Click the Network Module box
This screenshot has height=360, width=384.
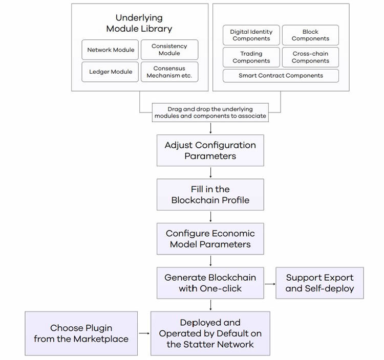111,50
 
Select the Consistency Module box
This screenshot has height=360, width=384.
169,50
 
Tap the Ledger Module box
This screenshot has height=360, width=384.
111,72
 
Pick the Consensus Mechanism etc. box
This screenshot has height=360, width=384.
169,72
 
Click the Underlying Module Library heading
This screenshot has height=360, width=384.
139,24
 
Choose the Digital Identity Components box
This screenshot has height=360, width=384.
251,35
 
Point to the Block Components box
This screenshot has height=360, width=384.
310,35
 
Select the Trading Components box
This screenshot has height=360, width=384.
251,57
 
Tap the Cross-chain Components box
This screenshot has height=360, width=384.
310,57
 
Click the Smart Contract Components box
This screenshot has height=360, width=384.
281,76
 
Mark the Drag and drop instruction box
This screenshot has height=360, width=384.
210,112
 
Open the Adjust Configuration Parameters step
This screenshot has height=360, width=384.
210,150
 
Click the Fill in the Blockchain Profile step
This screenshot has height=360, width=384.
210,195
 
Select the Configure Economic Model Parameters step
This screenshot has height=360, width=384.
210,239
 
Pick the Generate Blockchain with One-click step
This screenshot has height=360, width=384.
210,283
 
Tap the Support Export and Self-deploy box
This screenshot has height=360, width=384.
319,283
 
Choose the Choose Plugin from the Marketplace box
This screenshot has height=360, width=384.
81,333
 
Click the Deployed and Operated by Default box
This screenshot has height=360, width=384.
210,333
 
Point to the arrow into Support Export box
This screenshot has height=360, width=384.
269,283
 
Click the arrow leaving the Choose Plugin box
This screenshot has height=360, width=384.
144,333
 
